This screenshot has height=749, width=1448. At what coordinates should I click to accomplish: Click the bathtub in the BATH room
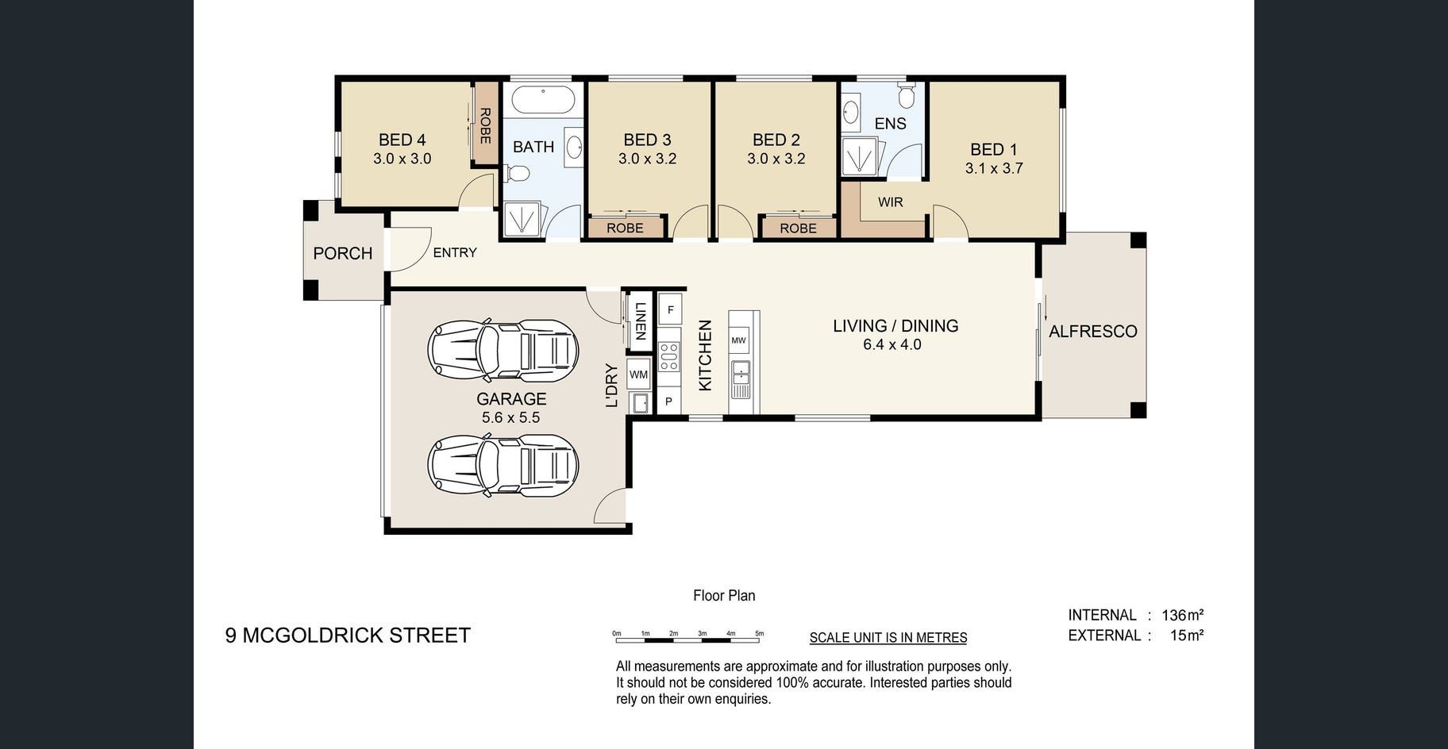coord(542,100)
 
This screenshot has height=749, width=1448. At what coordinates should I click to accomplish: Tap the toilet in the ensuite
coord(906,94)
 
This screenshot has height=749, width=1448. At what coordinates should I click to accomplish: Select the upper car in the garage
coord(503,350)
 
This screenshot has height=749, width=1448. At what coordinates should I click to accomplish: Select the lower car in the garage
coord(503,465)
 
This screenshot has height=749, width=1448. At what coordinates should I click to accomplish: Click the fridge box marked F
coord(670,309)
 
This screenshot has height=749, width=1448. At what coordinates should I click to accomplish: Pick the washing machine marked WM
coord(638,374)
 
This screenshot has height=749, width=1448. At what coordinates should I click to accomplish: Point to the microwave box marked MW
coord(738,340)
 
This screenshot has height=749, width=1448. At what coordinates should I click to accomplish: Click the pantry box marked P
coord(668,401)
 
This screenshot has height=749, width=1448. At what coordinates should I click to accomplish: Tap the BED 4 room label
coord(402,140)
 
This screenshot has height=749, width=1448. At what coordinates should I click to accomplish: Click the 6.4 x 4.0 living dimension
coord(892,344)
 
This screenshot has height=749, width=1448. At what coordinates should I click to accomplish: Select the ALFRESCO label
coord(1093,332)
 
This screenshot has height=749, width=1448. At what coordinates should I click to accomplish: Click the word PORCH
coord(343,253)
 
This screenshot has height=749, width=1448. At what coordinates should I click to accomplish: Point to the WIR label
coord(891,202)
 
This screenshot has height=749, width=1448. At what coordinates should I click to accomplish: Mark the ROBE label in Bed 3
coord(625,228)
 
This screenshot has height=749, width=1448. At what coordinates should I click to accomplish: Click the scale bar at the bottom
coord(687,636)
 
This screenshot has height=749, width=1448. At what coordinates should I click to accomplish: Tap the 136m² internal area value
coord(1183,615)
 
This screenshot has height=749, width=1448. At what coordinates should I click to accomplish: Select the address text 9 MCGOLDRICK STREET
coord(348,636)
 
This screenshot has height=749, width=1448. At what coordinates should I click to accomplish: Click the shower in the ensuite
coord(860,156)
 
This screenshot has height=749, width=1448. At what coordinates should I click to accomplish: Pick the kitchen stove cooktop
coord(668,356)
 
